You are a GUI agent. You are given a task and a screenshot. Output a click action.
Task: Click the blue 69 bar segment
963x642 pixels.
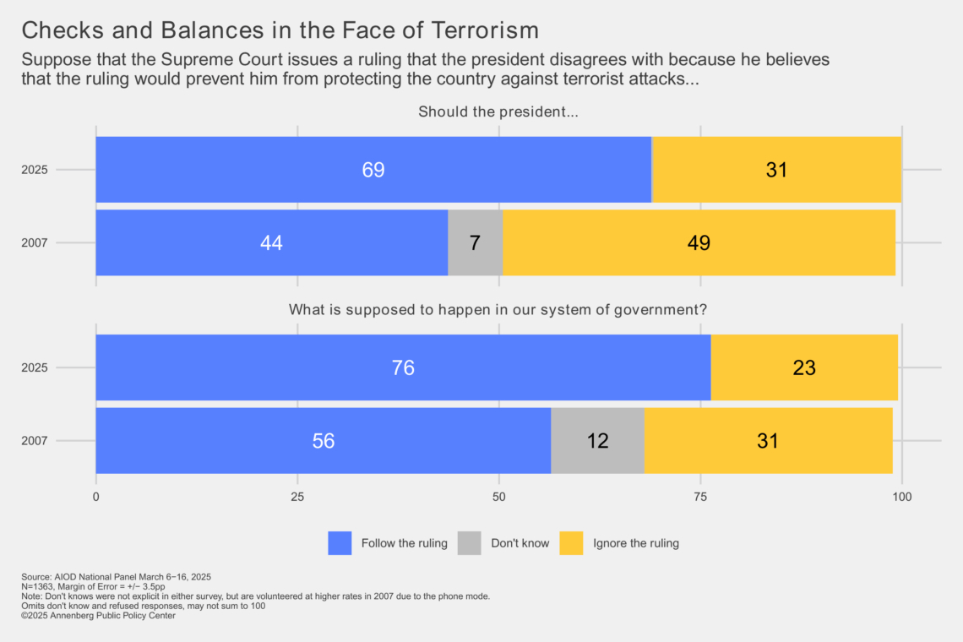pyautogui.click(x=373, y=170)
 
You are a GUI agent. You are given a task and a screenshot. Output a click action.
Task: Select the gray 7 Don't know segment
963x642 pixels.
pyautogui.click(x=475, y=243)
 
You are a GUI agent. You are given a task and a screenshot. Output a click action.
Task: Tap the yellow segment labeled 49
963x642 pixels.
pyautogui.click(x=699, y=243)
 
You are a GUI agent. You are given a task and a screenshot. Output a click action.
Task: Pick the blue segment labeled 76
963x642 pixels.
pyautogui.click(x=403, y=367)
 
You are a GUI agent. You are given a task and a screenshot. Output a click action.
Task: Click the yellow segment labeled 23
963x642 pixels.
pyautogui.click(x=804, y=367)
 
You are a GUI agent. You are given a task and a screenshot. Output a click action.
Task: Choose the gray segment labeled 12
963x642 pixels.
pyautogui.click(x=597, y=441)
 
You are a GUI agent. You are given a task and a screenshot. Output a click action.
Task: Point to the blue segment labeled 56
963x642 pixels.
pyautogui.click(x=323, y=441)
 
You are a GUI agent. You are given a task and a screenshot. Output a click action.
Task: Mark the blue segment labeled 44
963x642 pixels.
pyautogui.click(x=271, y=243)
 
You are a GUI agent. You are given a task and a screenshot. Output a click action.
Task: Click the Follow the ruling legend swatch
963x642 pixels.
pyautogui.click(x=340, y=543)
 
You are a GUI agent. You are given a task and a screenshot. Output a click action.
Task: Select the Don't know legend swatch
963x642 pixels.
pyautogui.click(x=470, y=543)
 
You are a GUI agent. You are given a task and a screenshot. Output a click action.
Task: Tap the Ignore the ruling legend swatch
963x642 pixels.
pyautogui.click(x=572, y=543)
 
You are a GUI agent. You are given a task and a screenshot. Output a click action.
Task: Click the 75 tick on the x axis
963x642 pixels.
pyautogui.click(x=701, y=497)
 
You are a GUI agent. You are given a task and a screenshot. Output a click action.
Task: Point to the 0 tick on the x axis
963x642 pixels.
pyautogui.click(x=95, y=497)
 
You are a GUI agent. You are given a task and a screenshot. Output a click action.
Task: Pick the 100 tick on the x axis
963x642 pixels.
pyautogui.click(x=902, y=497)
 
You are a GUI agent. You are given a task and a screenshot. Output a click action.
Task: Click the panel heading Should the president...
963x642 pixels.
pyautogui.click(x=498, y=112)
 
